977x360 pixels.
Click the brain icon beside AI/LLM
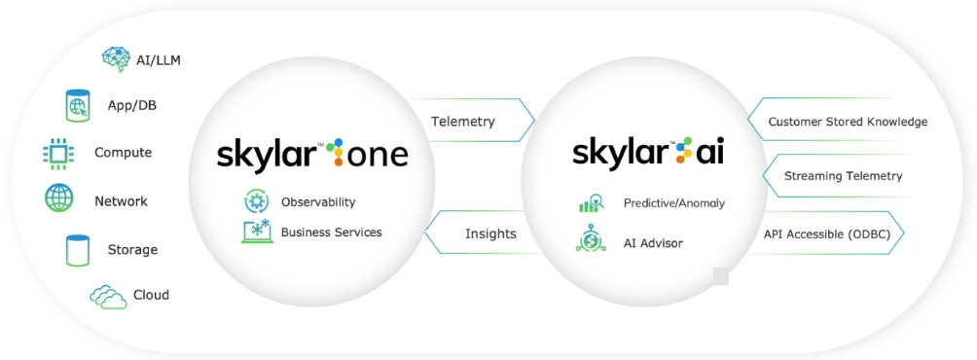(x=117, y=59)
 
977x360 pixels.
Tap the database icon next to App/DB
(x=78, y=105)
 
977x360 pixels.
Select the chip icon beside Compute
(x=59, y=153)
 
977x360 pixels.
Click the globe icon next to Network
(x=59, y=199)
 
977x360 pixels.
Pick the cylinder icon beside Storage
(x=77, y=250)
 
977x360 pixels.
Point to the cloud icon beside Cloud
(x=108, y=296)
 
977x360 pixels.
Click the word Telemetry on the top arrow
(x=463, y=122)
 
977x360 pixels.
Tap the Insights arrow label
(x=490, y=234)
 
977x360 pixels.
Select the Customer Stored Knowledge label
(x=848, y=122)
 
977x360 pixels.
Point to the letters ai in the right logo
(x=709, y=153)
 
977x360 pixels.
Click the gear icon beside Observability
(x=256, y=201)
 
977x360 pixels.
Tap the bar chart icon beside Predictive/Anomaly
(x=591, y=203)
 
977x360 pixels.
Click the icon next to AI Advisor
(x=591, y=241)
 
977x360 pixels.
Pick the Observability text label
(x=318, y=202)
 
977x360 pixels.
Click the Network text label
(x=121, y=201)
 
